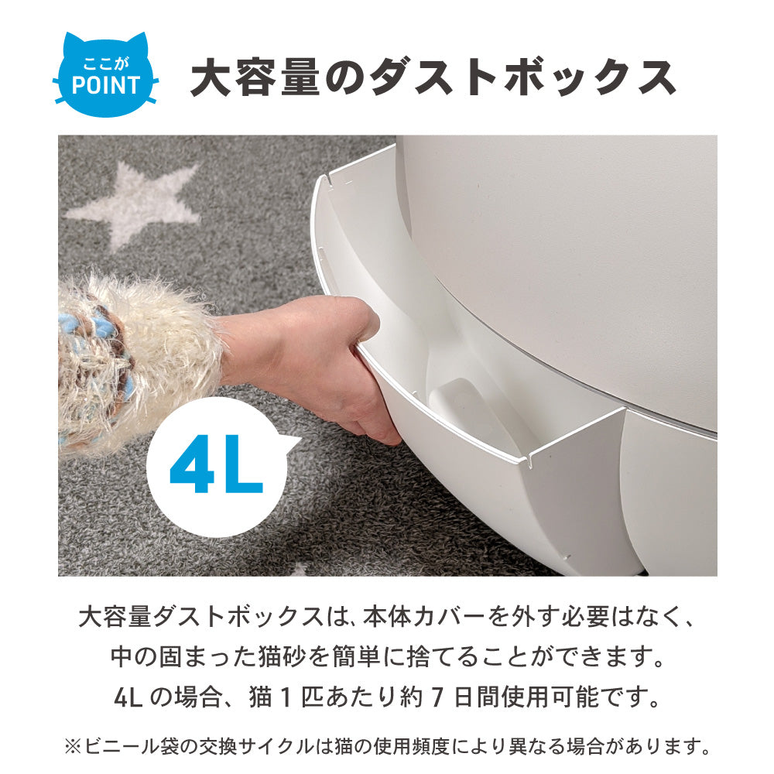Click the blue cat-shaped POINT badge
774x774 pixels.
[105, 75]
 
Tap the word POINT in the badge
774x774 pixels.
[105, 85]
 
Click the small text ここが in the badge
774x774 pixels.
[105, 63]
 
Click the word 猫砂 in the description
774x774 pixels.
[282, 657]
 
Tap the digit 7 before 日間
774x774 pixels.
[435, 697]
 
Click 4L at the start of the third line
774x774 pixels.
[128, 697]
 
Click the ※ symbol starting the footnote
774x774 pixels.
[72, 746]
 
